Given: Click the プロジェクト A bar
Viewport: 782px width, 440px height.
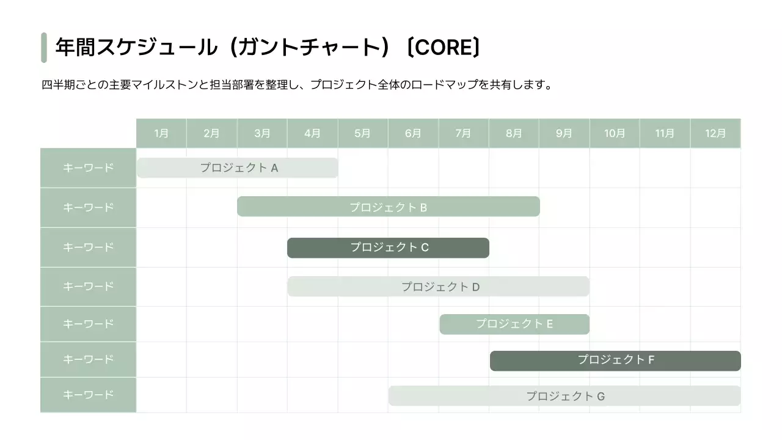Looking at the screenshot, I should (x=237, y=167).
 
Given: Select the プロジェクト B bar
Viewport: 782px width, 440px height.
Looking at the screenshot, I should (x=388, y=207).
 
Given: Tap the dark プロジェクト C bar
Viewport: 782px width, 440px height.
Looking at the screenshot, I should (x=388, y=248).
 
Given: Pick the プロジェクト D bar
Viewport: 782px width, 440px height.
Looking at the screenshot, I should (x=438, y=287).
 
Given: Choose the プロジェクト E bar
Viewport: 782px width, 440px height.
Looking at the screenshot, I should (x=514, y=324).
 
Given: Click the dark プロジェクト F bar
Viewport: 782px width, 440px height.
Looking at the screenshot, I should (x=615, y=361).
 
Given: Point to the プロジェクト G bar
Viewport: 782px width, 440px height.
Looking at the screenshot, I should (x=565, y=396).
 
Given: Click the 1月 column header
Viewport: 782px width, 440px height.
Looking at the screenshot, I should (x=161, y=133).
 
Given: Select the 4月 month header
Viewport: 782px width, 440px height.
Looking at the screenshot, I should (x=312, y=133).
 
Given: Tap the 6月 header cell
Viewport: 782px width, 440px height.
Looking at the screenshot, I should (x=413, y=133).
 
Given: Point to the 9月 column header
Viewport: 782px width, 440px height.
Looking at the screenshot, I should (x=564, y=133).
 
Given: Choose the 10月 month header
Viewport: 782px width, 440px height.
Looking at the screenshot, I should (x=615, y=133).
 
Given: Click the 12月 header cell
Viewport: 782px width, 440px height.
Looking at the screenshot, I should (x=715, y=133).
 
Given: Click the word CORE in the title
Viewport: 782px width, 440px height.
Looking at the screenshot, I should (x=443, y=48).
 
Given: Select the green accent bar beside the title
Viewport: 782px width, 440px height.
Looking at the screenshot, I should (x=44, y=48).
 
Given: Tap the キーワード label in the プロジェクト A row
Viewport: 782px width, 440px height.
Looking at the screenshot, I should (x=88, y=167).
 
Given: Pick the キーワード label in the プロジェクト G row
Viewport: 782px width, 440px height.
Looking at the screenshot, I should (x=88, y=395).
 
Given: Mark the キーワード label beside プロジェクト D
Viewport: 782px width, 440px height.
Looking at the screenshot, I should (x=88, y=286).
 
